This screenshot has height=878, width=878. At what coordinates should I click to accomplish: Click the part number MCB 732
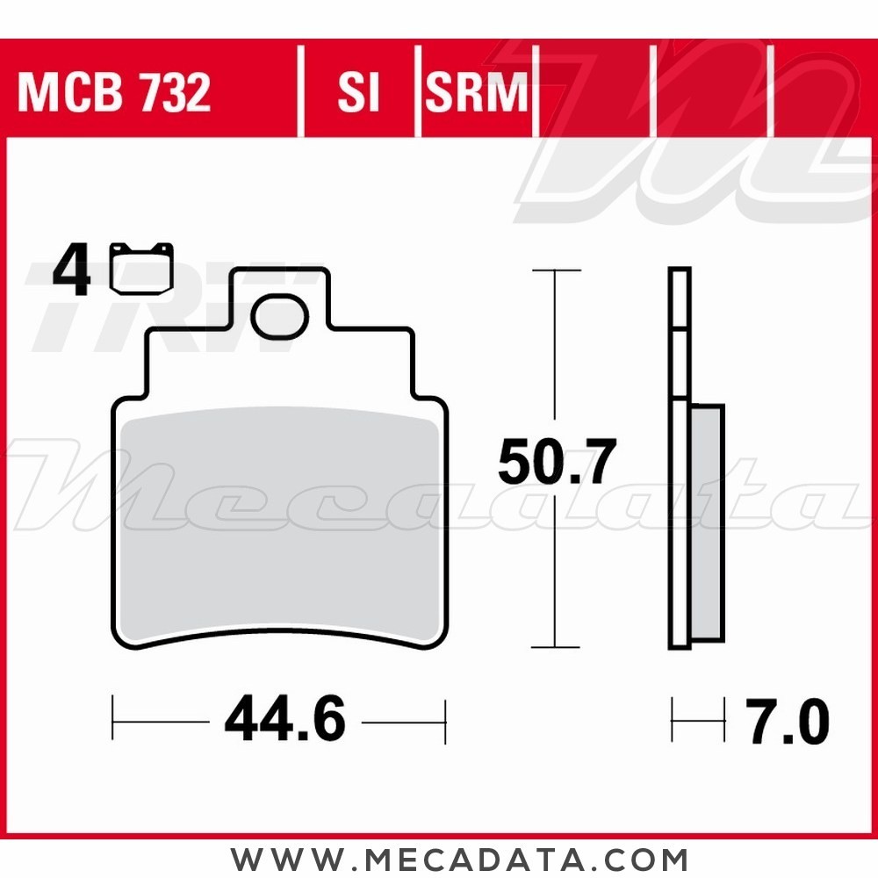coord(114,93)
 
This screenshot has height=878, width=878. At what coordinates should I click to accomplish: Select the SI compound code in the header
coord(358,93)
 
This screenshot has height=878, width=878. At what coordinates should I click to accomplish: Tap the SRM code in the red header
coord(477,93)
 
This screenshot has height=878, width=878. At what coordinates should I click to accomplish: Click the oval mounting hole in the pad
coord(279,317)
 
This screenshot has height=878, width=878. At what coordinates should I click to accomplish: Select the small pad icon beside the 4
coord(141,267)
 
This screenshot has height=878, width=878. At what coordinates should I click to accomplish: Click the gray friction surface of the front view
coord(279,527)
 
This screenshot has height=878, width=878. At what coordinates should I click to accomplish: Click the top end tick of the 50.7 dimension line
coord(556,270)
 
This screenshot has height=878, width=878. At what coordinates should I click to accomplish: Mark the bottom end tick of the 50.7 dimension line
coord(556,647)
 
